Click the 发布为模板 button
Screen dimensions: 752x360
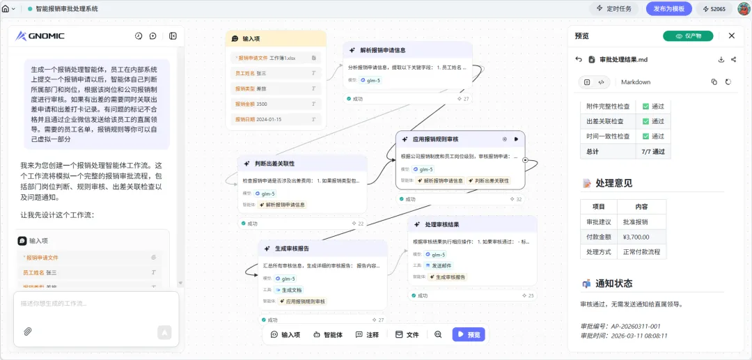(x=668, y=9)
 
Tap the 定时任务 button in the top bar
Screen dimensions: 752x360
(x=613, y=9)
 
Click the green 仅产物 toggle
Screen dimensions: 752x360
(x=688, y=36)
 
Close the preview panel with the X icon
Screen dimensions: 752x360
(x=731, y=36)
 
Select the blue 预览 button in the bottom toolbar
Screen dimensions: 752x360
(x=469, y=334)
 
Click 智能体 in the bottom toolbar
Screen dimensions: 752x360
(x=328, y=334)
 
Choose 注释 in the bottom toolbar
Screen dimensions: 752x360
(x=367, y=334)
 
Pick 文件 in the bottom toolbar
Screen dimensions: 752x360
(x=407, y=334)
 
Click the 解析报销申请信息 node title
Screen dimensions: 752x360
(x=382, y=50)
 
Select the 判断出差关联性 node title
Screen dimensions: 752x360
(x=274, y=164)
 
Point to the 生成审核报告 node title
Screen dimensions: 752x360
(x=292, y=249)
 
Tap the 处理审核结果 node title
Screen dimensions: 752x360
(x=441, y=225)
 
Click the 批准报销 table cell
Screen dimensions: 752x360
(x=636, y=221)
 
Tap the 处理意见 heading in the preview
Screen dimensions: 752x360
(x=613, y=183)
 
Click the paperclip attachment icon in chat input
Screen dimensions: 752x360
(x=28, y=331)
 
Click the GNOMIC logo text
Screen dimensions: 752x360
(x=47, y=36)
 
